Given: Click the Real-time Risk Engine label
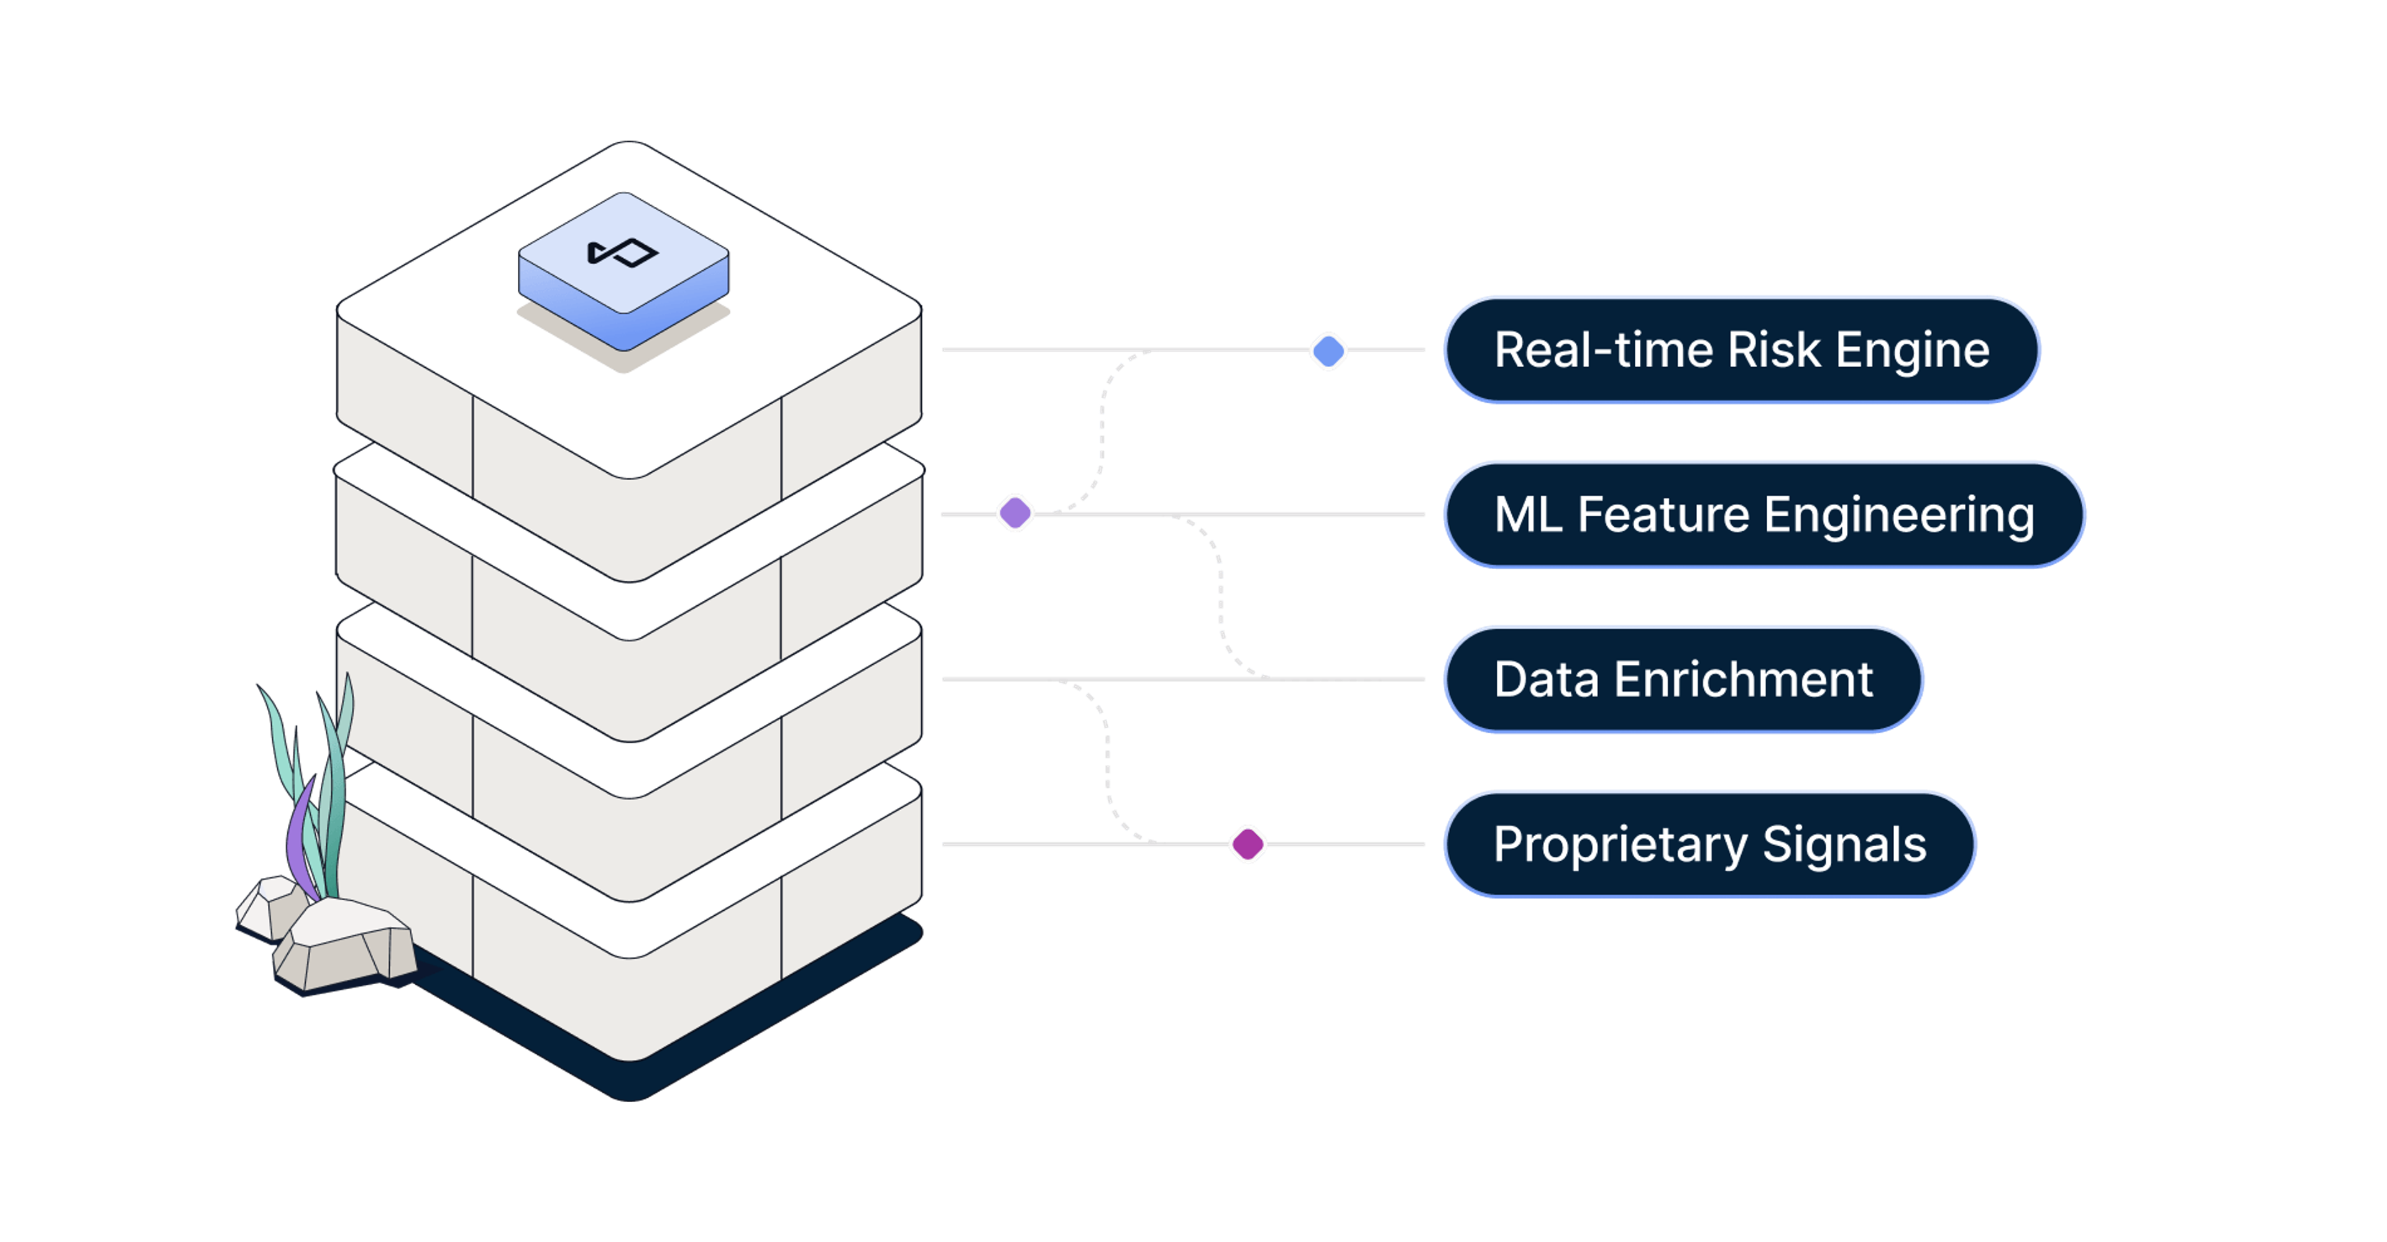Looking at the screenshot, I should [x=1742, y=350].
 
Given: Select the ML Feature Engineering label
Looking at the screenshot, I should [x=1764, y=515].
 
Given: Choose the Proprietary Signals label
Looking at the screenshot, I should [x=1709, y=844].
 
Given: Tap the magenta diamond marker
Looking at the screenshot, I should [x=1247, y=844].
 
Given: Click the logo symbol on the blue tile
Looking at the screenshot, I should [x=623, y=252].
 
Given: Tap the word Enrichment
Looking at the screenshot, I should [x=1743, y=680].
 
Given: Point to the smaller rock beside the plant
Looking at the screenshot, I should [x=270, y=906].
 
